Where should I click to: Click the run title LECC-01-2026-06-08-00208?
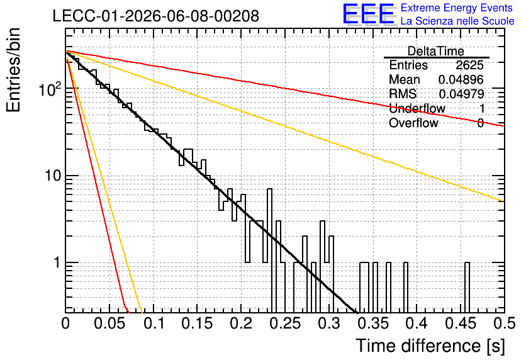(x=156, y=16)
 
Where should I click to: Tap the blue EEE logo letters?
(x=368, y=14)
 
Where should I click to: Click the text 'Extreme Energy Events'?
(x=457, y=8)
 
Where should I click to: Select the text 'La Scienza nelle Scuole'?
(x=457, y=21)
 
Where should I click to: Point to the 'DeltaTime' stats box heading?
(x=436, y=51)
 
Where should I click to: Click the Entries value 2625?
(x=469, y=65)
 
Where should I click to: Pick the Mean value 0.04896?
(x=461, y=79)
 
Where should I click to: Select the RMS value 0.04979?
(x=461, y=94)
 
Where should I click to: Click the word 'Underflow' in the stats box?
(x=417, y=108)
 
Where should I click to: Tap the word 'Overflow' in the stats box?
(x=413, y=123)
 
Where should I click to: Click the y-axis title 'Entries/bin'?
(x=13, y=70)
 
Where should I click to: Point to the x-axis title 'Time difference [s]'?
(x=430, y=346)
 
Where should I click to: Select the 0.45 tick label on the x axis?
(x=461, y=323)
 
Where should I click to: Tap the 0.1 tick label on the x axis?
(x=154, y=323)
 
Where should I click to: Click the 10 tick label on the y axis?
(x=53, y=176)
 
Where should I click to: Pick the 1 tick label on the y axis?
(x=57, y=262)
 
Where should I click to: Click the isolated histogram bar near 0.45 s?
(x=467, y=287)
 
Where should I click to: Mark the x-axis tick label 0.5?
(x=505, y=323)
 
